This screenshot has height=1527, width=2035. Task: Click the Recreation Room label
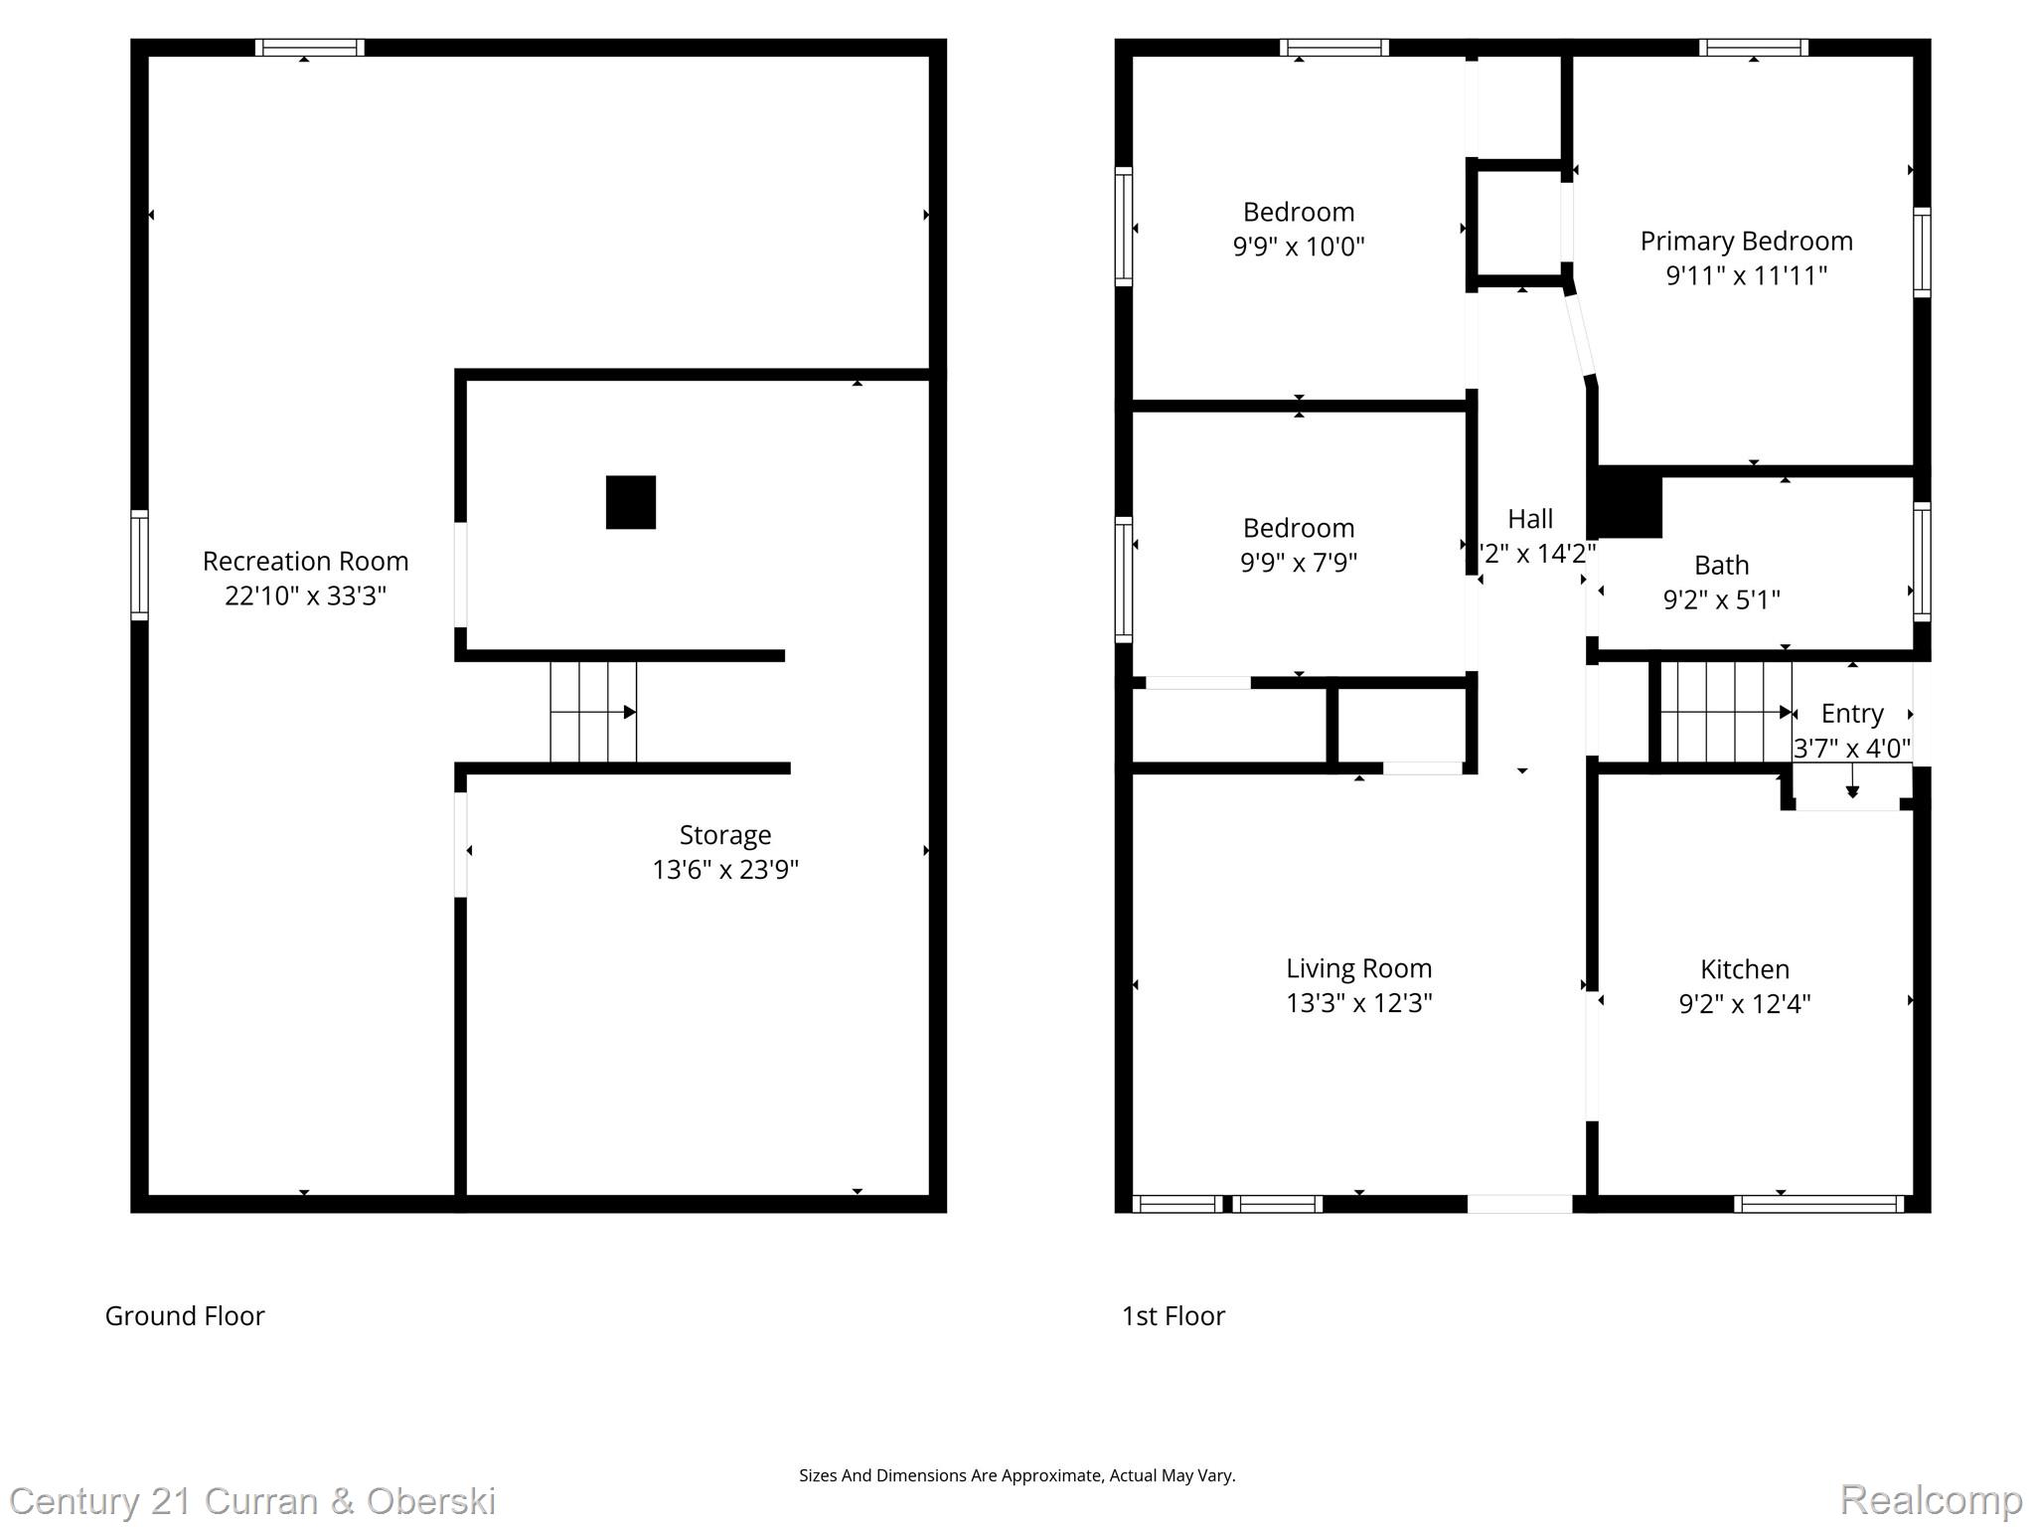click(305, 562)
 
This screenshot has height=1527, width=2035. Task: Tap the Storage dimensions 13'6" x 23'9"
click(725, 870)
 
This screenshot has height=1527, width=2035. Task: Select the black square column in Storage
click(631, 502)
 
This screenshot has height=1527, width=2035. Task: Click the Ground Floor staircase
click(593, 712)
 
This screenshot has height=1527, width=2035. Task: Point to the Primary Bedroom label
click(1746, 242)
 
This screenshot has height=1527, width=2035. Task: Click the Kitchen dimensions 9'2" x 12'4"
click(1745, 1004)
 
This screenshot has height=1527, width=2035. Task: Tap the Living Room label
click(1358, 968)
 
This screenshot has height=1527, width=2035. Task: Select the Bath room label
click(1721, 566)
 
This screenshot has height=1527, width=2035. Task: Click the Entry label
click(1851, 714)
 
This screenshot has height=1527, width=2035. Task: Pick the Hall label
click(1529, 519)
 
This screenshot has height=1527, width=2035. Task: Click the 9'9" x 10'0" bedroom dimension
click(1299, 247)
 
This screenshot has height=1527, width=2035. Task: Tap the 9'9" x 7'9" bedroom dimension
click(1299, 563)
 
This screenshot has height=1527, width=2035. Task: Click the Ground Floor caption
click(185, 1316)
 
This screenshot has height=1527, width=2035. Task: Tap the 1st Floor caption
click(1173, 1316)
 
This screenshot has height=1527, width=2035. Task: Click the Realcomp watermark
click(1931, 1499)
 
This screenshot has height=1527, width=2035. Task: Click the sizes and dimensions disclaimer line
click(1017, 1476)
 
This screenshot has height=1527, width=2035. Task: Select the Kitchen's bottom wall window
click(1818, 1204)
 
